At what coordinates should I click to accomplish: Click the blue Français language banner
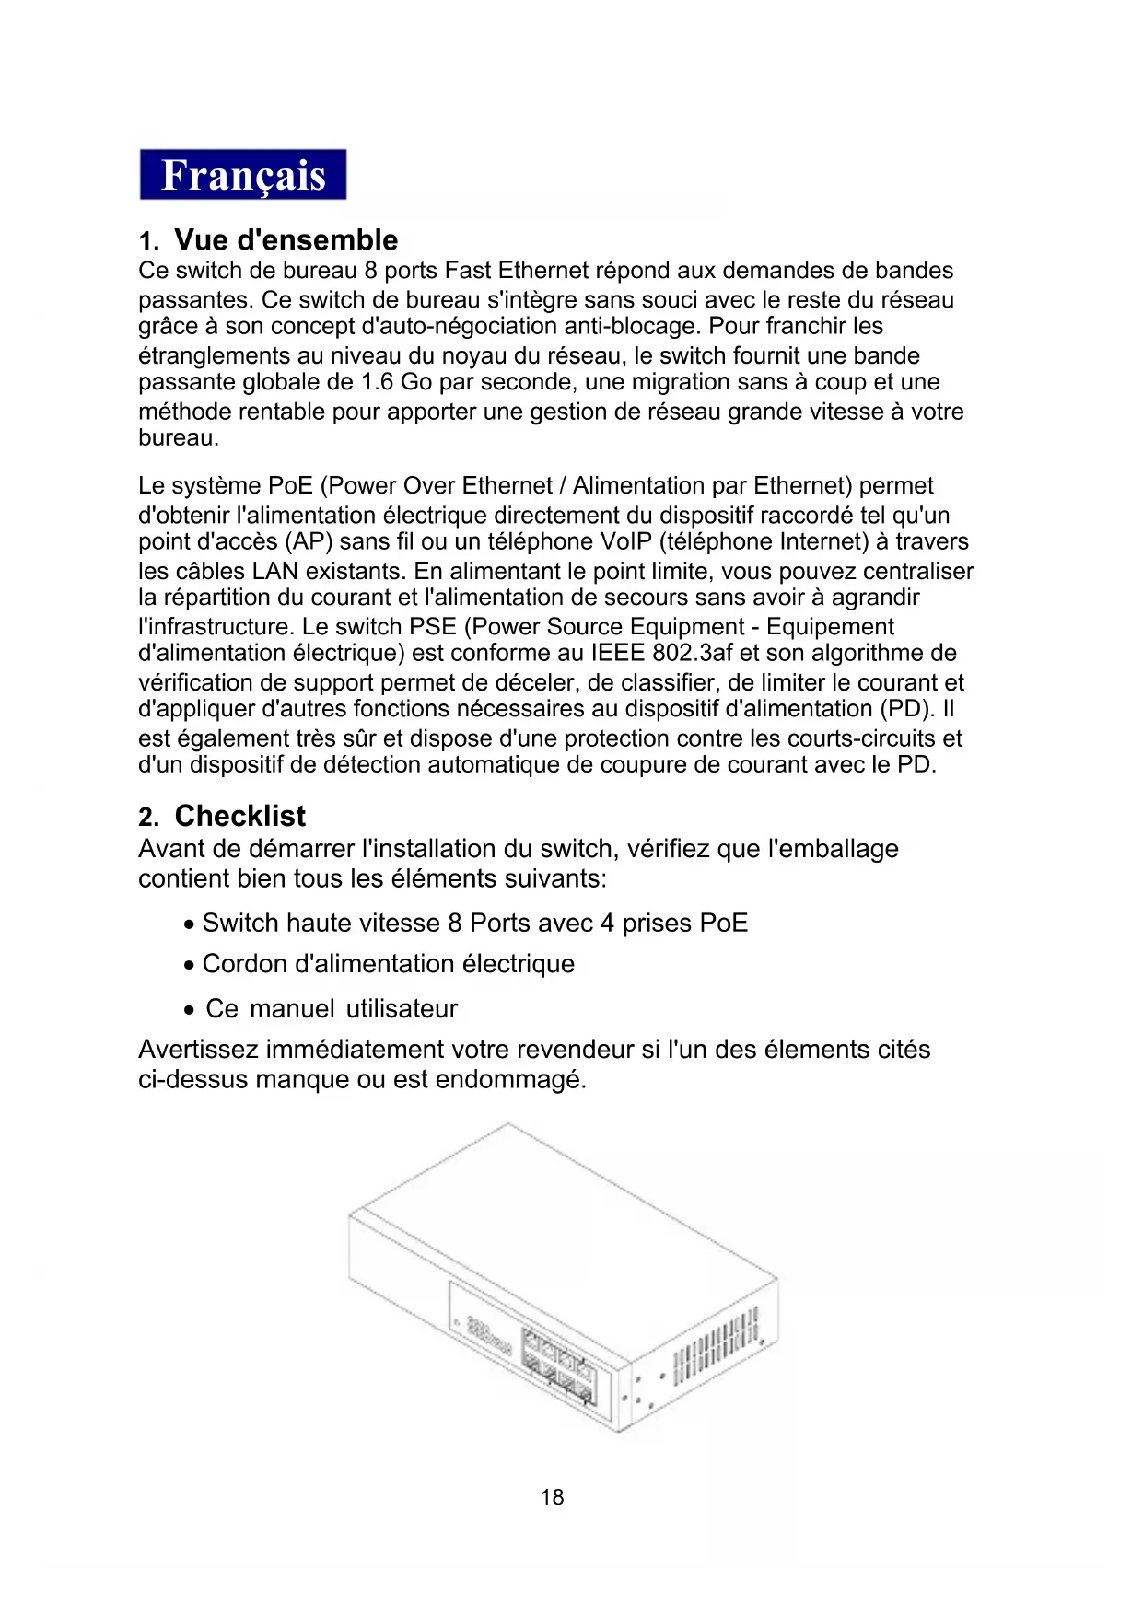[x=243, y=175]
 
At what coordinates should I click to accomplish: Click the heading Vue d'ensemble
[x=286, y=240]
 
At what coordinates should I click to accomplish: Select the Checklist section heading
[x=239, y=816]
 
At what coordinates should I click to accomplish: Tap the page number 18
[x=553, y=1497]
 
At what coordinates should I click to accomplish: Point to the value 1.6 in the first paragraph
[x=378, y=382]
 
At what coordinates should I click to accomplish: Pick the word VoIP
[x=625, y=541]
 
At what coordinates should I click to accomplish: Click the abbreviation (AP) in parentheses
[x=309, y=541]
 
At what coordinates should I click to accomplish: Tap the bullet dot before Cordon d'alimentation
[x=188, y=966]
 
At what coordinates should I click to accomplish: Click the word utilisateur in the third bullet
[x=402, y=1009]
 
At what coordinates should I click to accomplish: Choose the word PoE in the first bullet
[x=723, y=924]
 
